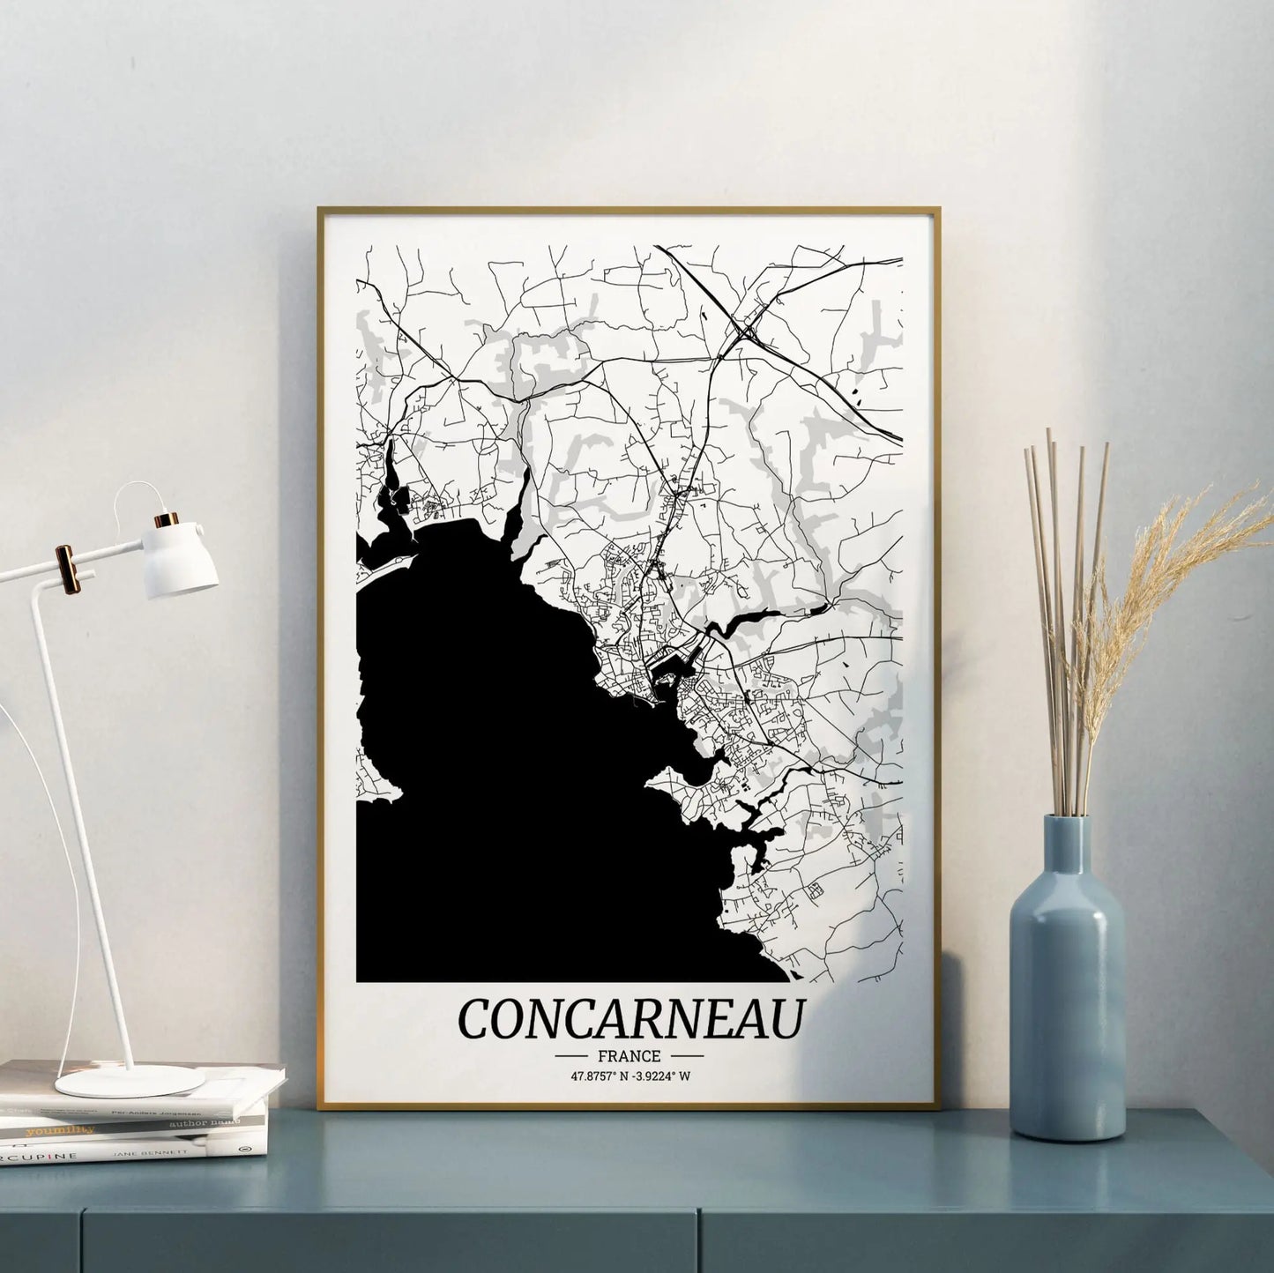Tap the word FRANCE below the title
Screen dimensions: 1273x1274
point(629,1055)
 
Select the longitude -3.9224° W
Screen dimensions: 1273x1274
point(663,1076)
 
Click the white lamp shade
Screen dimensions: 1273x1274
point(182,560)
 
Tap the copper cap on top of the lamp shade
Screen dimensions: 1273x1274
point(165,520)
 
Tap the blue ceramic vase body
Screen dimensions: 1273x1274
point(1067,1023)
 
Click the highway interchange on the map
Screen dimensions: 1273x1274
point(749,331)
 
